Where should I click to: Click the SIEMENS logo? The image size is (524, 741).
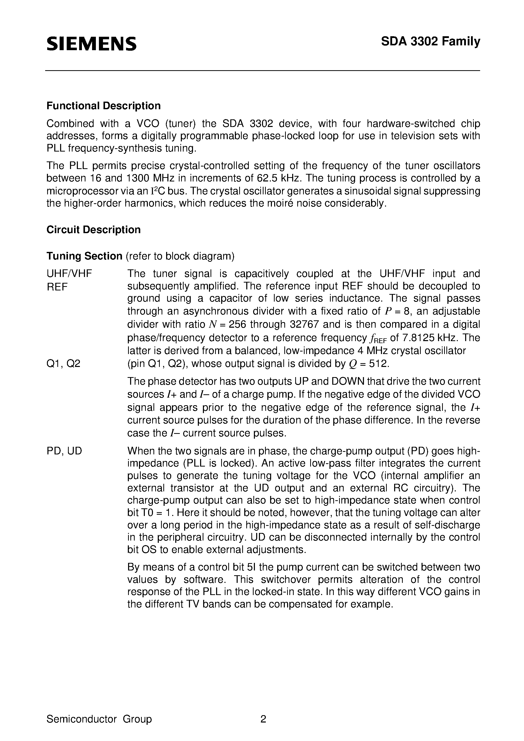(91, 44)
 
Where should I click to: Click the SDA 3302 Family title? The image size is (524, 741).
(430, 42)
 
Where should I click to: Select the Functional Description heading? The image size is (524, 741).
(103, 106)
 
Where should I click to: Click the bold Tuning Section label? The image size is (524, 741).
(84, 256)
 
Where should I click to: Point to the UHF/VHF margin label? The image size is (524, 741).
(69, 274)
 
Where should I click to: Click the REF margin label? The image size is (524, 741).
(57, 287)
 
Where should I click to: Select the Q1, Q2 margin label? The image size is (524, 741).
(63, 364)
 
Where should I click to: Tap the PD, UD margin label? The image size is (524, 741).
(64, 451)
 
